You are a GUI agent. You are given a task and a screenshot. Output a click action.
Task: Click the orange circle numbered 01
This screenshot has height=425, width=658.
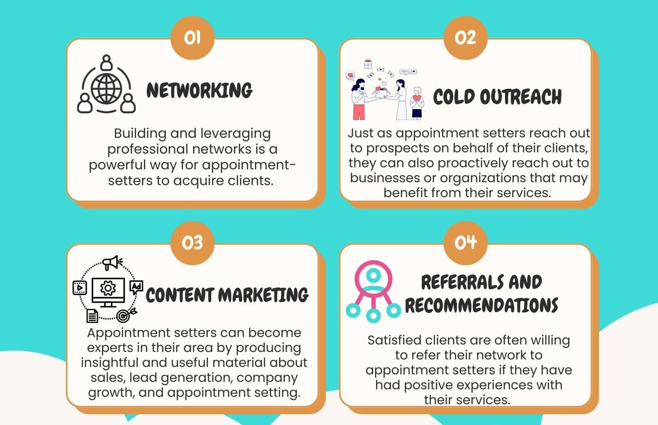(192, 38)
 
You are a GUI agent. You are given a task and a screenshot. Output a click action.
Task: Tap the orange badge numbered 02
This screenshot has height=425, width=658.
(465, 38)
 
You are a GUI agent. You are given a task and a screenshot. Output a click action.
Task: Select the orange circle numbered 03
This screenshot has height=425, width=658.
(192, 243)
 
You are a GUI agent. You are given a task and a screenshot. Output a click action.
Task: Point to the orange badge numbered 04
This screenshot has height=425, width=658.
(465, 243)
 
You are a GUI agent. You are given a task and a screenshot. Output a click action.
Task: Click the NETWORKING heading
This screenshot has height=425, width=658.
(199, 90)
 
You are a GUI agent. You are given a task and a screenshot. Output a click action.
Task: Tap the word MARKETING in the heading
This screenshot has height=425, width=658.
(263, 295)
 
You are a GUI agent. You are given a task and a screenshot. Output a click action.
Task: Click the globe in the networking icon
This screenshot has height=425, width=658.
(106, 88)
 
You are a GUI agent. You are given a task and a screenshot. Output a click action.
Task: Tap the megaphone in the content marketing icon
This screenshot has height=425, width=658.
(112, 263)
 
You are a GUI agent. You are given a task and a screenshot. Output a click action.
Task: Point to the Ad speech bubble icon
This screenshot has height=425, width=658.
(136, 287)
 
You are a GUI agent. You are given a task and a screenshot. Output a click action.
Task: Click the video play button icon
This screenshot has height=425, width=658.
(80, 288)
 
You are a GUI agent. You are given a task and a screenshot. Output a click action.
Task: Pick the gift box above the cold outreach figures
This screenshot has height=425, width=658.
(368, 64)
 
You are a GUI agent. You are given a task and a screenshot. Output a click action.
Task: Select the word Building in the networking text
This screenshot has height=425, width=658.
(140, 134)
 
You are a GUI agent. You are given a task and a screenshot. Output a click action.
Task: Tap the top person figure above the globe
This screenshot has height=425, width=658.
(106, 63)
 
